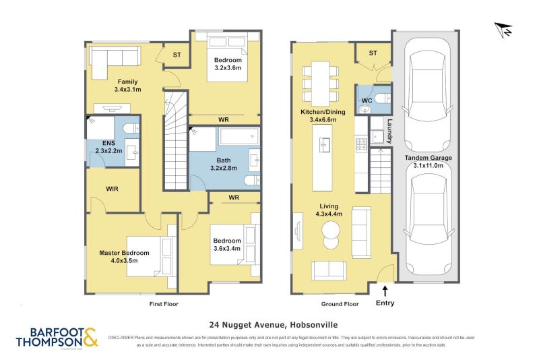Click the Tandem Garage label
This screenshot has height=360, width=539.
click(428, 156)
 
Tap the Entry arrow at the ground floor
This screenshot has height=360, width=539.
click(385, 291)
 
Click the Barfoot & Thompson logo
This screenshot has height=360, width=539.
click(57, 336)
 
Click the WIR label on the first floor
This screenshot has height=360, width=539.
click(113, 189)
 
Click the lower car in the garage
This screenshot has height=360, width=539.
click(427, 223)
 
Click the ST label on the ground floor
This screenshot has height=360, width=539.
click(373, 53)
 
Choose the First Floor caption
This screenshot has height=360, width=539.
click(163, 304)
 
